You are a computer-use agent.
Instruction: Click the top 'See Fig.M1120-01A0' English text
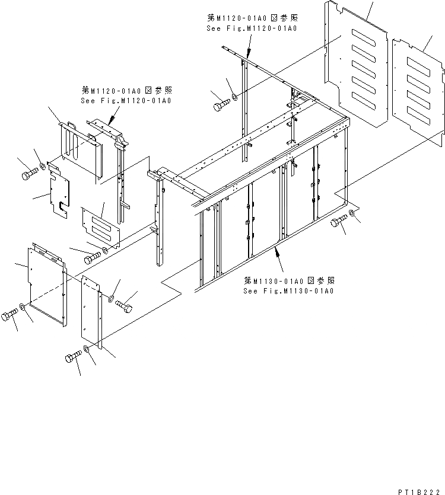tap(252, 29)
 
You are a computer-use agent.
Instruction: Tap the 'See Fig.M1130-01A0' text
tap(288, 291)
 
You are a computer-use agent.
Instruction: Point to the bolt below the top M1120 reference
tap(221, 105)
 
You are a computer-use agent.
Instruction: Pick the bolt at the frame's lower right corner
tap(339, 222)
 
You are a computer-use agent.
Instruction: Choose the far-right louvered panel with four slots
tap(418, 89)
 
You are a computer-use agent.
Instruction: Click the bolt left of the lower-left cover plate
tap(10, 314)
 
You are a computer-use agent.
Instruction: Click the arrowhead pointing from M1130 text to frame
tap(276, 252)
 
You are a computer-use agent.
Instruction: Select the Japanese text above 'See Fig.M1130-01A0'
tap(288, 280)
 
